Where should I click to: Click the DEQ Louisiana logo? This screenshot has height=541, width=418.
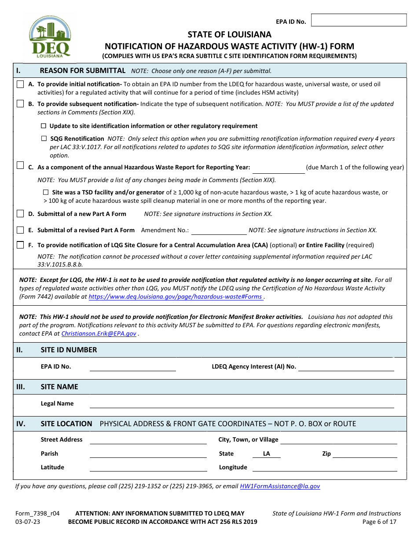[49, 37]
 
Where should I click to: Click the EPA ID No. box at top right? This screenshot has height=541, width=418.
[359, 20]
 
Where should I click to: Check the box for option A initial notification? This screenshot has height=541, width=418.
[20, 84]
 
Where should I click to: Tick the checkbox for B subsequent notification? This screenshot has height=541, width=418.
[20, 104]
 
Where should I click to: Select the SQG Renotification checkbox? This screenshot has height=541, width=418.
[44, 139]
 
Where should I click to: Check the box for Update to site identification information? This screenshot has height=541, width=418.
[44, 126]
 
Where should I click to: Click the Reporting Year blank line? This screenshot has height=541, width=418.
[278, 168]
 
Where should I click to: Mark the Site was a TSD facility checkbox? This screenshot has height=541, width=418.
[46, 192]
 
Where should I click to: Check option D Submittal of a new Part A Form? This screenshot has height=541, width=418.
[20, 214]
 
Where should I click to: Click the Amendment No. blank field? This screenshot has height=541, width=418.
[219, 230]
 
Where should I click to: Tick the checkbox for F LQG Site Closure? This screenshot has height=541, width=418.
[20, 245]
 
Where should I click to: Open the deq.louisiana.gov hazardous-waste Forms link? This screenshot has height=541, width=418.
[176, 297]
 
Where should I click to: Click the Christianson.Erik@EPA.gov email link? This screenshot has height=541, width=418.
[99, 334]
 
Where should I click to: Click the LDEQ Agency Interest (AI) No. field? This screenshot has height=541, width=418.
[346, 367]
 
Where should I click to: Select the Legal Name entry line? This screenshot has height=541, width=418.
[242, 404]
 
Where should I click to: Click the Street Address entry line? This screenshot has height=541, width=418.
[148, 440]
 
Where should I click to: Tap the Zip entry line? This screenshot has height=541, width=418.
[364, 454]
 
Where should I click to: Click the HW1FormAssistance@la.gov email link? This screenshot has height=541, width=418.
[280, 486]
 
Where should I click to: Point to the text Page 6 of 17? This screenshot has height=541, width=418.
[379, 522]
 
